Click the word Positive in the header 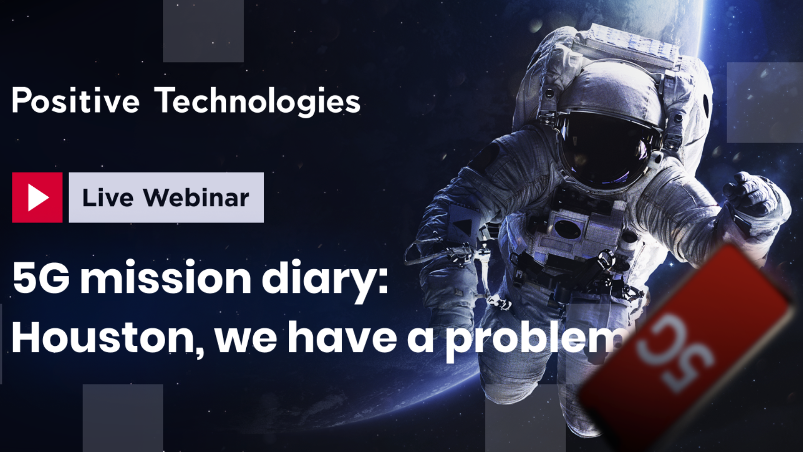pos(76,101)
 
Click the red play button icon pos(37,197)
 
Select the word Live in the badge pos(108,197)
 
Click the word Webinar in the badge pos(196,197)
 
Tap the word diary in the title pos(325,281)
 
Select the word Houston pos(108,338)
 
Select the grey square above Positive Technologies pos(203,31)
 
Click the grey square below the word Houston pos(123,418)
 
